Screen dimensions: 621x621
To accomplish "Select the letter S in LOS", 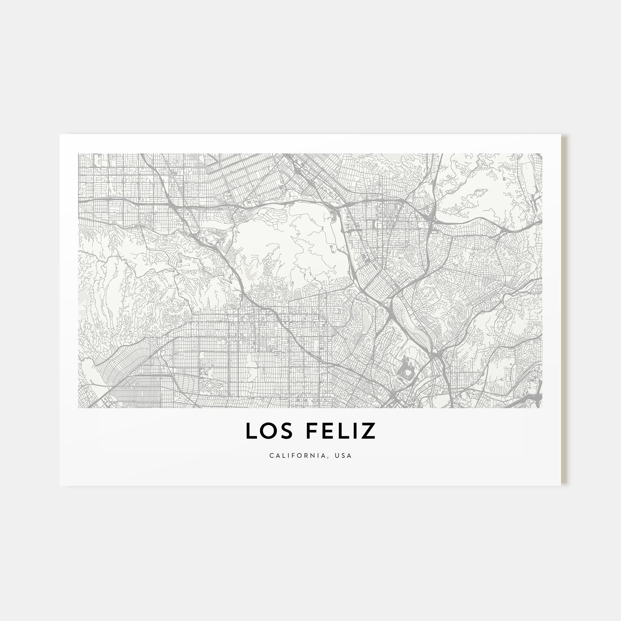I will click(287, 431).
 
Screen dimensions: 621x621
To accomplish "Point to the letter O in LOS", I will click(269, 431).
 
